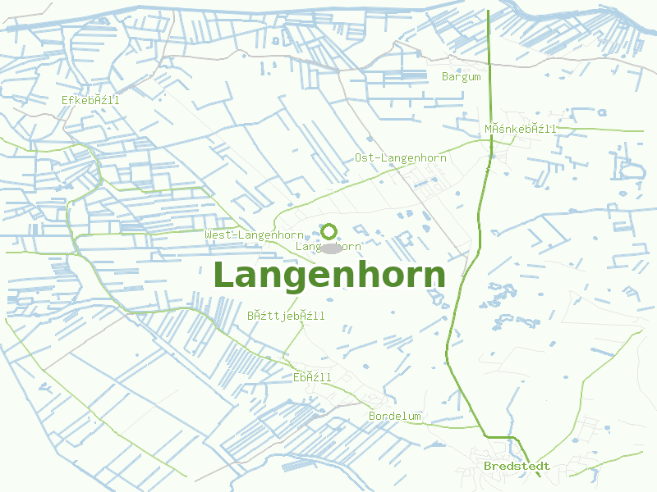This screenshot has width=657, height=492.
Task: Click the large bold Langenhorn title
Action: (329, 276)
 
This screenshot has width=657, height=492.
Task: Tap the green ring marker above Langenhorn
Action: (329, 232)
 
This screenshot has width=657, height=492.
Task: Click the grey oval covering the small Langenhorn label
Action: (330, 247)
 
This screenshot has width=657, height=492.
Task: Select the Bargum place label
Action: (462, 77)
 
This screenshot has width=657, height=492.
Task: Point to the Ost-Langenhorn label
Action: (401, 157)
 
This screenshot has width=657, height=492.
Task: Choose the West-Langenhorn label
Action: (254, 235)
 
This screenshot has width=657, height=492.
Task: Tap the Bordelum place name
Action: (395, 417)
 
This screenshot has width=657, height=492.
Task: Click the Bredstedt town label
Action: (517, 467)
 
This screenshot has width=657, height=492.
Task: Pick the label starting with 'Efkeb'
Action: (90, 100)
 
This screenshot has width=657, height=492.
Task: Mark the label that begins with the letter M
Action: (521, 129)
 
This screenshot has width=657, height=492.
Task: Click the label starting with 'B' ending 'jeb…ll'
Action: (286, 316)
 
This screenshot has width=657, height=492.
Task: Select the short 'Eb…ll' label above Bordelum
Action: (312, 377)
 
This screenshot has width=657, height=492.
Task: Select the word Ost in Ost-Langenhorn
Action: (365, 157)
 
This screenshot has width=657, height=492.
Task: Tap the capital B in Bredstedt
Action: (488, 467)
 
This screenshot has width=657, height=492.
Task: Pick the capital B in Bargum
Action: (445, 77)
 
